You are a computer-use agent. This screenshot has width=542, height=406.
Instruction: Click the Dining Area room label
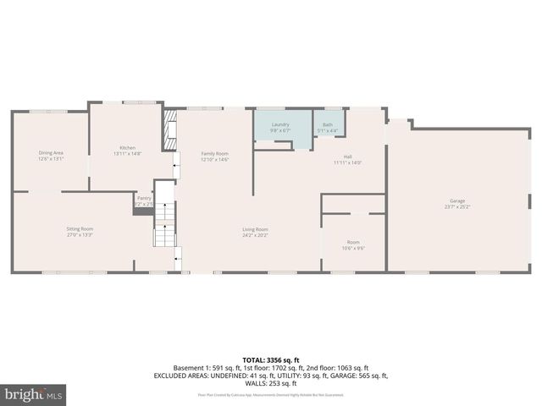[x=51, y=153]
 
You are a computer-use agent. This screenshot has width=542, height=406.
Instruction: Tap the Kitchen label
[x=127, y=148]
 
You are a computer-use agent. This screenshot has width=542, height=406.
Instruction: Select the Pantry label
[x=144, y=198]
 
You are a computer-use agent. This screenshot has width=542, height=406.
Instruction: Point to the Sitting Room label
[x=80, y=228]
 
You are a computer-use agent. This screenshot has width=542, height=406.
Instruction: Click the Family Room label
[x=215, y=154]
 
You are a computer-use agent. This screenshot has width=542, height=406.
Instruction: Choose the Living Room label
[x=255, y=229]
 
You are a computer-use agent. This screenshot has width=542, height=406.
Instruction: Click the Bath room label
[x=328, y=125]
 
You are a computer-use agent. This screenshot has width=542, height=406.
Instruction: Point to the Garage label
[x=457, y=201]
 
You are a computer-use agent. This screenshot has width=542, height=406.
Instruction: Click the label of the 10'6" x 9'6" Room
[x=353, y=243]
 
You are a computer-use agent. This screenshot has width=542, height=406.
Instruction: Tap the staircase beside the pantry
[x=164, y=225]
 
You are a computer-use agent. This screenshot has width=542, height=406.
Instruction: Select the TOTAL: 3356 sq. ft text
[x=271, y=359]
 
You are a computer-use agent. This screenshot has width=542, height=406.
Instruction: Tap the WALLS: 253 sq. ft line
[x=271, y=383]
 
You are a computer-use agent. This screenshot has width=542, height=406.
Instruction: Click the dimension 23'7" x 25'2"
[x=457, y=206]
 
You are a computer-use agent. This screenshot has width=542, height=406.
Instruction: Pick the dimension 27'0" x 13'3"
[x=80, y=234]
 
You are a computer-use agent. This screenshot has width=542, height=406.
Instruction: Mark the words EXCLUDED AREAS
[x=179, y=376]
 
